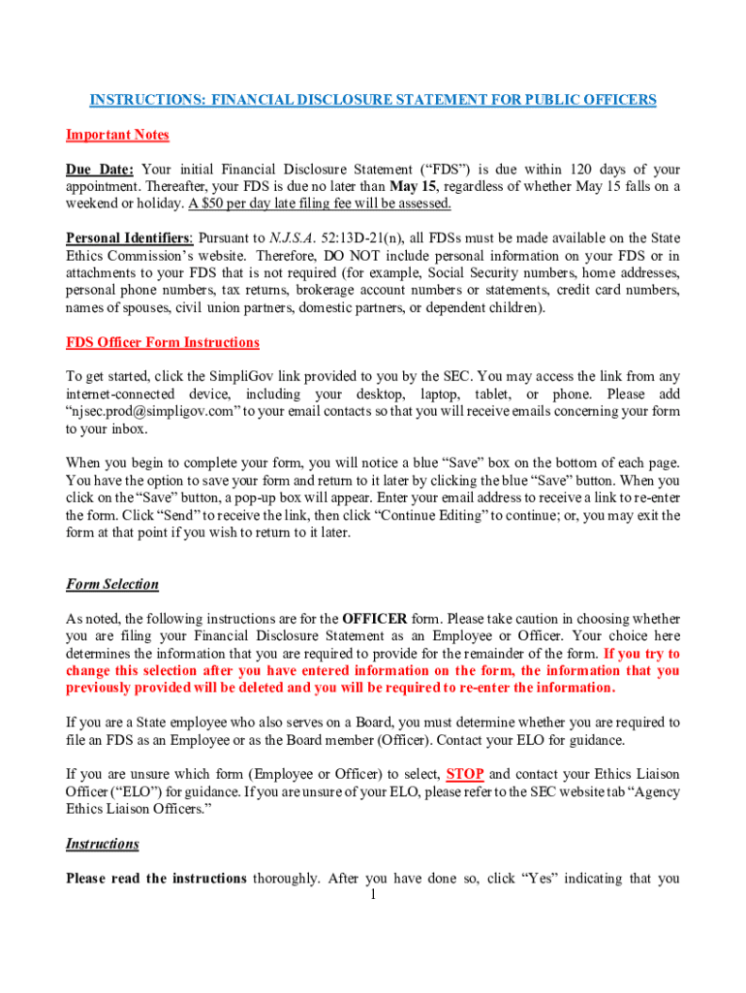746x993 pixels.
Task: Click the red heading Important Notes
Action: pos(117,135)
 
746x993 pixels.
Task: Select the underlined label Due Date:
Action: pos(100,169)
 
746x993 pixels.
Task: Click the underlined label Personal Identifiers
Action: pos(129,239)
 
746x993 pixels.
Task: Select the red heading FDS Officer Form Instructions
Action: pos(162,342)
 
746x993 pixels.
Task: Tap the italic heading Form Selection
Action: pos(111,585)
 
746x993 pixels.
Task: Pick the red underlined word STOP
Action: pos(465,774)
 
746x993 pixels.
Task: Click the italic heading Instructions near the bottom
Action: pos(102,844)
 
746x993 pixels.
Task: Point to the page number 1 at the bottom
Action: pos(373,894)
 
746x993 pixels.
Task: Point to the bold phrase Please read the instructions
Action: pos(155,879)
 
